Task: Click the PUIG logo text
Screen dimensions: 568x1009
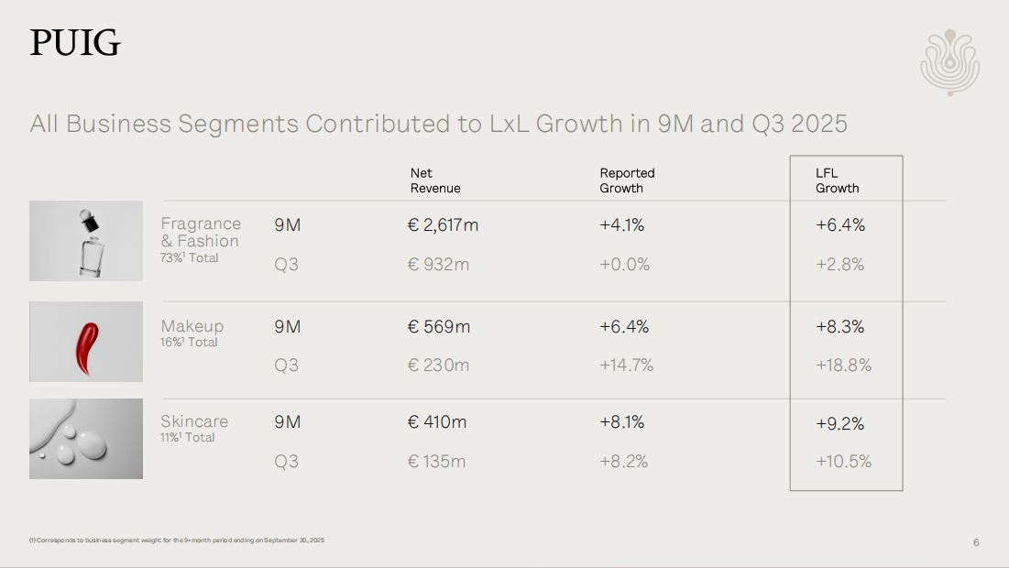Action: (75, 43)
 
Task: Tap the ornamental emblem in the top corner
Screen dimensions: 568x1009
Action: (949, 63)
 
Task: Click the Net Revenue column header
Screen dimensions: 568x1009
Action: (435, 180)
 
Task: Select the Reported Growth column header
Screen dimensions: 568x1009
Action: (627, 180)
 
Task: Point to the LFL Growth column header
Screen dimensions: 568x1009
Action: (837, 180)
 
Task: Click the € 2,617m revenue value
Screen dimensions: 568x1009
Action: (443, 225)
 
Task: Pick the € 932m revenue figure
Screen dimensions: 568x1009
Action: (438, 265)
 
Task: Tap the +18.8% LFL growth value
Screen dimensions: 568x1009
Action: (843, 366)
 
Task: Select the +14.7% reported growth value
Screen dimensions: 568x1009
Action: (627, 366)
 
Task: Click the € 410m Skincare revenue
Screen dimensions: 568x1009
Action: (437, 422)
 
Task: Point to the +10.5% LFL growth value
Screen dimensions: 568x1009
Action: (843, 462)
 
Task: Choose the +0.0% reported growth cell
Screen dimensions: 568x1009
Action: (625, 265)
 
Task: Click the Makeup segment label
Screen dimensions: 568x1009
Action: (192, 326)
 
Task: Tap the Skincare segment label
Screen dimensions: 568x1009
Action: (194, 421)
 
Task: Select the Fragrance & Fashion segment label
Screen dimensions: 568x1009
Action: (201, 233)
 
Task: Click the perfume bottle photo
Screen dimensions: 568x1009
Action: (86, 241)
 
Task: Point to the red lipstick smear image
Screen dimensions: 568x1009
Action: (86, 342)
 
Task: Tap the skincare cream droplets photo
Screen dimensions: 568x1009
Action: (86, 439)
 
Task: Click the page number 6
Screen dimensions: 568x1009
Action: (976, 542)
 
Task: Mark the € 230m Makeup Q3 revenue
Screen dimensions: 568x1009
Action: (438, 366)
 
